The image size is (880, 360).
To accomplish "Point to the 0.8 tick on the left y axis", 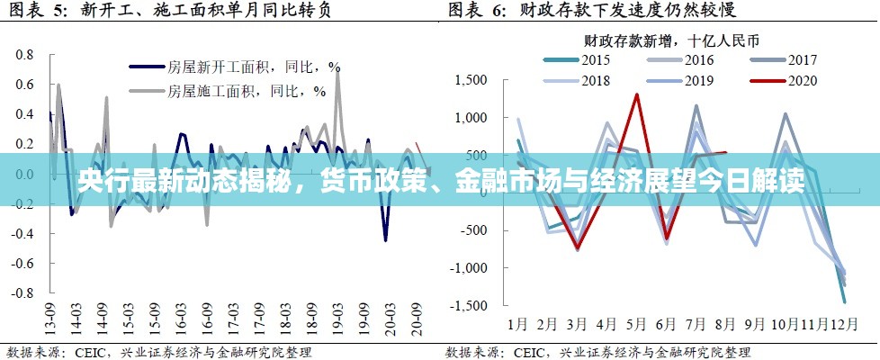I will (x=24, y=55).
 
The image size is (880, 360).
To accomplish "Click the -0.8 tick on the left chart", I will (x=22, y=293).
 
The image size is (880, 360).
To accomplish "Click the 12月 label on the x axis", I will (x=844, y=323).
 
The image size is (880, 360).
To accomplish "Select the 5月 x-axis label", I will (x=636, y=323).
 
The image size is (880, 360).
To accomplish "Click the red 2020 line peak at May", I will (x=637, y=94).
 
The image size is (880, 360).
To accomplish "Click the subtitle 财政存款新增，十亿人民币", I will (x=671, y=40).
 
